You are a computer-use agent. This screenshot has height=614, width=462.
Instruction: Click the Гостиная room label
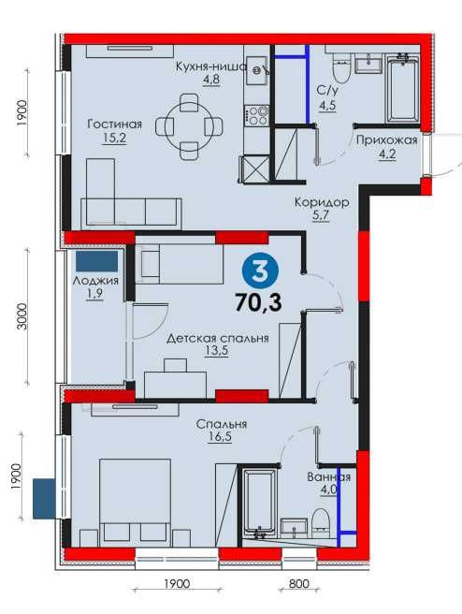point(115,124)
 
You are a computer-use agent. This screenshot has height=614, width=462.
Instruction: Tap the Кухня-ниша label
point(210,66)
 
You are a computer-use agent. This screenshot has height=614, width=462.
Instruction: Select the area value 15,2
point(115,139)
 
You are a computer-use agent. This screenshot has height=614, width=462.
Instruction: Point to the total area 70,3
point(258,302)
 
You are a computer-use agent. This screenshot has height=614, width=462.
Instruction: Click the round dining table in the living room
point(189,126)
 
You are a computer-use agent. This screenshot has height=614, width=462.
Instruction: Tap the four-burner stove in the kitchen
point(256,115)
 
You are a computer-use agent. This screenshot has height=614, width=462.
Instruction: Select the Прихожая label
point(387,140)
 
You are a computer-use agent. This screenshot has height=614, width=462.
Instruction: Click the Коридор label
point(322,202)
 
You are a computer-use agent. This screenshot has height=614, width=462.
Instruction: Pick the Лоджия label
point(95,281)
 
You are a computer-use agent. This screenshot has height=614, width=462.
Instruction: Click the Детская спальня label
point(218,338)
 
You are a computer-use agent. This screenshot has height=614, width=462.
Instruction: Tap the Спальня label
point(222,424)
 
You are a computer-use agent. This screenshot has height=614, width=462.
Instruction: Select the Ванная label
point(328,477)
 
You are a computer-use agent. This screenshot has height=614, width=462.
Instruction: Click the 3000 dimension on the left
point(23,316)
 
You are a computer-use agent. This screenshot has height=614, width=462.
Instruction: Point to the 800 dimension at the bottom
point(299,584)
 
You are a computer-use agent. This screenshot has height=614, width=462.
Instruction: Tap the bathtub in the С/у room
point(402,89)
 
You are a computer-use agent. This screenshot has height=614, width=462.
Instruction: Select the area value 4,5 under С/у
point(327,106)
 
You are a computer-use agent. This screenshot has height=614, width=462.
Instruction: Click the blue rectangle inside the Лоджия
point(96,261)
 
